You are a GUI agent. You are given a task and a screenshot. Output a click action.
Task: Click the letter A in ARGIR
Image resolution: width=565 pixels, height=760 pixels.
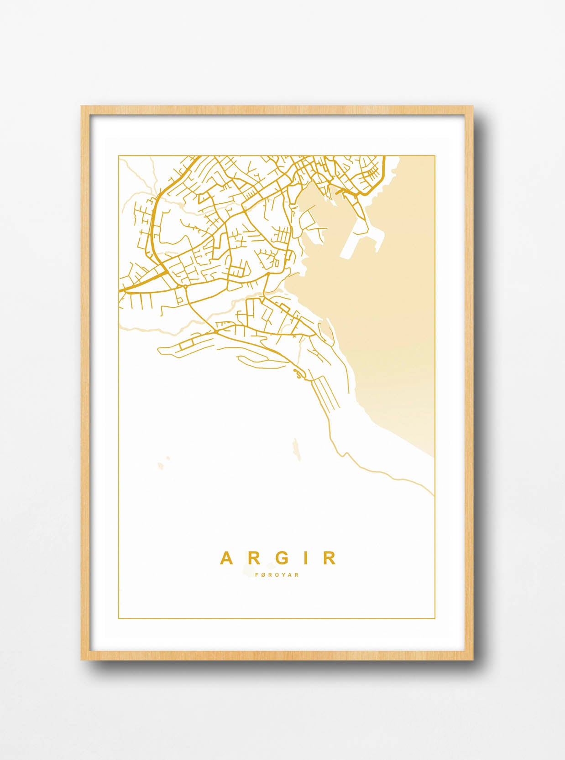[226, 558]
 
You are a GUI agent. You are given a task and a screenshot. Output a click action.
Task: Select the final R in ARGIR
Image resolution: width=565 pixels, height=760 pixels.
[331, 558]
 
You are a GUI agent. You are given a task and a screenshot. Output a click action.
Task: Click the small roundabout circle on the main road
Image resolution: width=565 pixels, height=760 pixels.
[185, 287]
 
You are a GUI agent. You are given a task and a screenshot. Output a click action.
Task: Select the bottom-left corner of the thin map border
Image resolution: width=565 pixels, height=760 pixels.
[119, 619]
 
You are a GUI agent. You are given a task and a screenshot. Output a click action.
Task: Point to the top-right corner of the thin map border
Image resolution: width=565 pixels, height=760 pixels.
[434, 156]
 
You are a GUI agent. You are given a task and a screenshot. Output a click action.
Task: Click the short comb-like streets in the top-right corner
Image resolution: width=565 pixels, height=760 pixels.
[372, 173]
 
